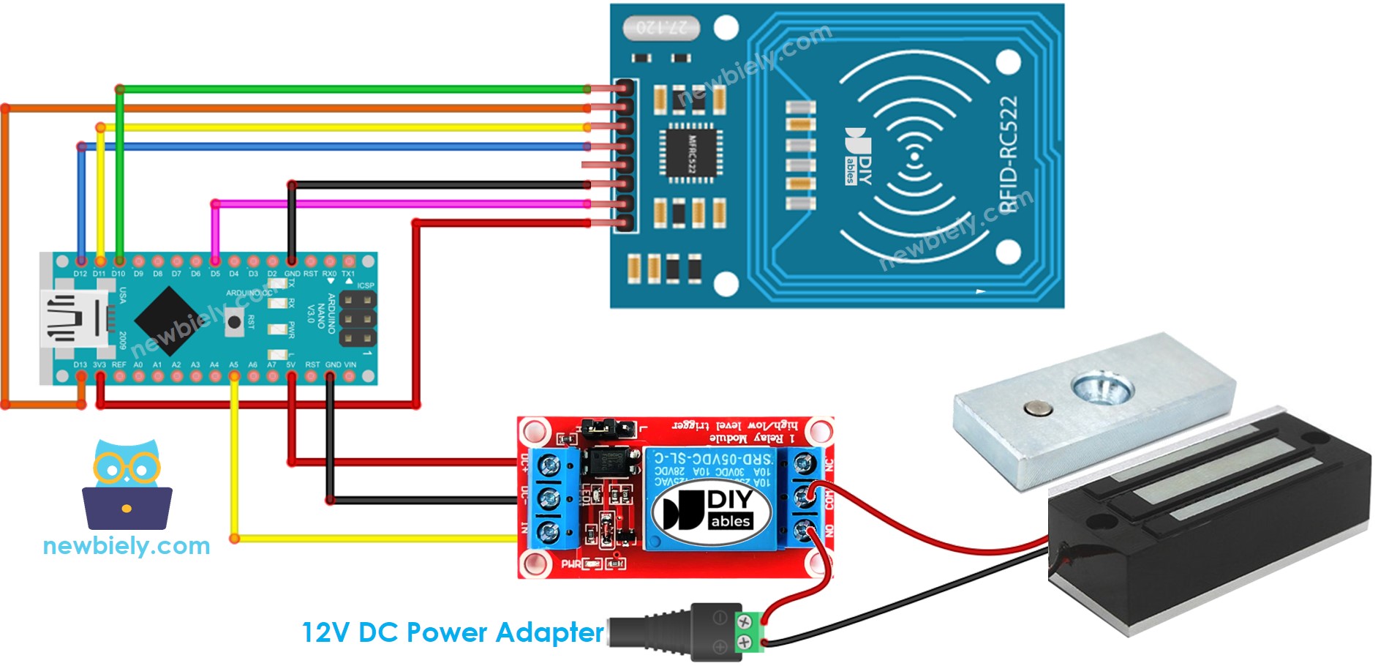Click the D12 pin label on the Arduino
tap(80, 274)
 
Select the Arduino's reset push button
tap(234, 322)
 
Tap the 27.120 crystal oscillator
tap(661, 28)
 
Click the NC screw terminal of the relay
tap(805, 464)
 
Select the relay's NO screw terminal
tap(805, 530)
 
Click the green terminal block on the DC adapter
tap(749, 632)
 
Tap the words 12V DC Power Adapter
tap(453, 632)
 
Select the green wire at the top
tap(351, 89)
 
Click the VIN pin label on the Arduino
tap(350, 364)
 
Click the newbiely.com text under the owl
tap(127, 546)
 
